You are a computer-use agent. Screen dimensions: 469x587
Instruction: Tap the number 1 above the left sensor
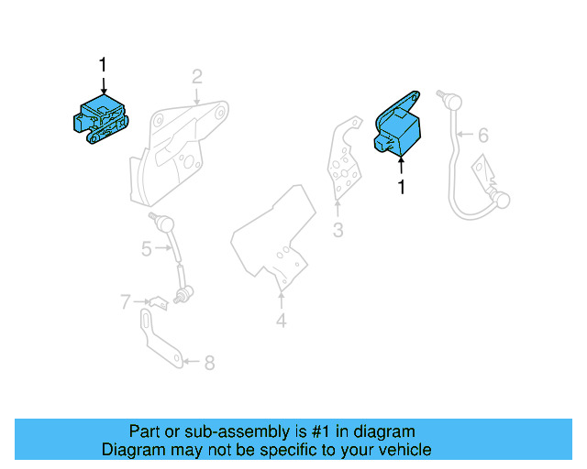pyautogui.click(x=103, y=65)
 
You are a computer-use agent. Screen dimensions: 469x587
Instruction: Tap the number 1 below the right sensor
pyautogui.click(x=400, y=187)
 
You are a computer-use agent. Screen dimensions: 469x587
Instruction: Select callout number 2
pyautogui.click(x=196, y=76)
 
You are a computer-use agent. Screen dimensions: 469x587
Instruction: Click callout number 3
pyautogui.click(x=338, y=230)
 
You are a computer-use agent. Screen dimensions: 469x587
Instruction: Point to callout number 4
pyautogui.click(x=281, y=321)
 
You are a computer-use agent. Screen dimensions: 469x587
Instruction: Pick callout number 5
pyautogui.click(x=146, y=248)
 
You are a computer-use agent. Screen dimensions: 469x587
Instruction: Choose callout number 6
pyautogui.click(x=483, y=135)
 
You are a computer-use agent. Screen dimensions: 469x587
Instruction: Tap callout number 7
pyautogui.click(x=126, y=300)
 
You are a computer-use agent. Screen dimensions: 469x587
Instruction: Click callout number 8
pyautogui.click(x=209, y=363)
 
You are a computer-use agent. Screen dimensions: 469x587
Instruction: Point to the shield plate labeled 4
pyautogui.click(x=275, y=234)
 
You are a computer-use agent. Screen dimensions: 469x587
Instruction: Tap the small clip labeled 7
pyautogui.click(x=158, y=300)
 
